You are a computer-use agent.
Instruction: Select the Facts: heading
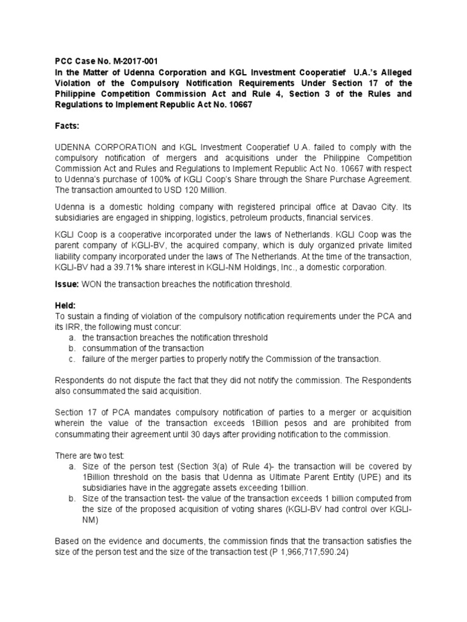[x=67, y=128]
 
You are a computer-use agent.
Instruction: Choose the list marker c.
[x=72, y=359]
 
